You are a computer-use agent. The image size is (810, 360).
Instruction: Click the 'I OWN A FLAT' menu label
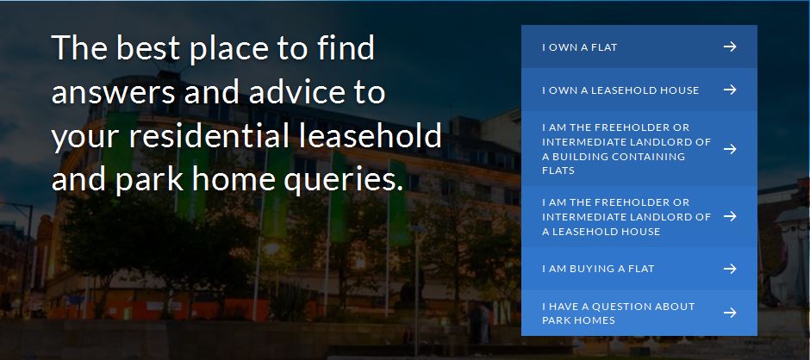click(580, 47)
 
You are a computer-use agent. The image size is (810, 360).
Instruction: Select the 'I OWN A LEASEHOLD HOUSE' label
click(620, 90)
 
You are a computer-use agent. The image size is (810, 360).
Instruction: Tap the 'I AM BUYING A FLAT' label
click(598, 269)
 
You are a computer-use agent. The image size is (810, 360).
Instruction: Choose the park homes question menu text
click(619, 313)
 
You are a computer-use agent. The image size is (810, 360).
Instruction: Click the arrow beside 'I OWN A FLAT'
click(729, 47)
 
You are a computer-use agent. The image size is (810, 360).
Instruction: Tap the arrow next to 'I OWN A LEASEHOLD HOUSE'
click(729, 90)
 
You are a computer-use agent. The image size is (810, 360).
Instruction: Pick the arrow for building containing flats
click(729, 149)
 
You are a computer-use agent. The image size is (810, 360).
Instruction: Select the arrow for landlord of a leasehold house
click(729, 216)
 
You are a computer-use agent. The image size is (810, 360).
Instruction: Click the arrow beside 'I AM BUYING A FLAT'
click(729, 269)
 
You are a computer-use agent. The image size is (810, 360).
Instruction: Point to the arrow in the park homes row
click(729, 313)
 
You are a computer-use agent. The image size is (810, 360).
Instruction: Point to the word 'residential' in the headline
click(211, 136)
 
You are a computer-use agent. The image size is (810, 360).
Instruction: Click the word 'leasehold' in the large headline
click(371, 136)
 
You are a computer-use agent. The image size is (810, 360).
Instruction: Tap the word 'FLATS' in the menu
click(558, 171)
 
